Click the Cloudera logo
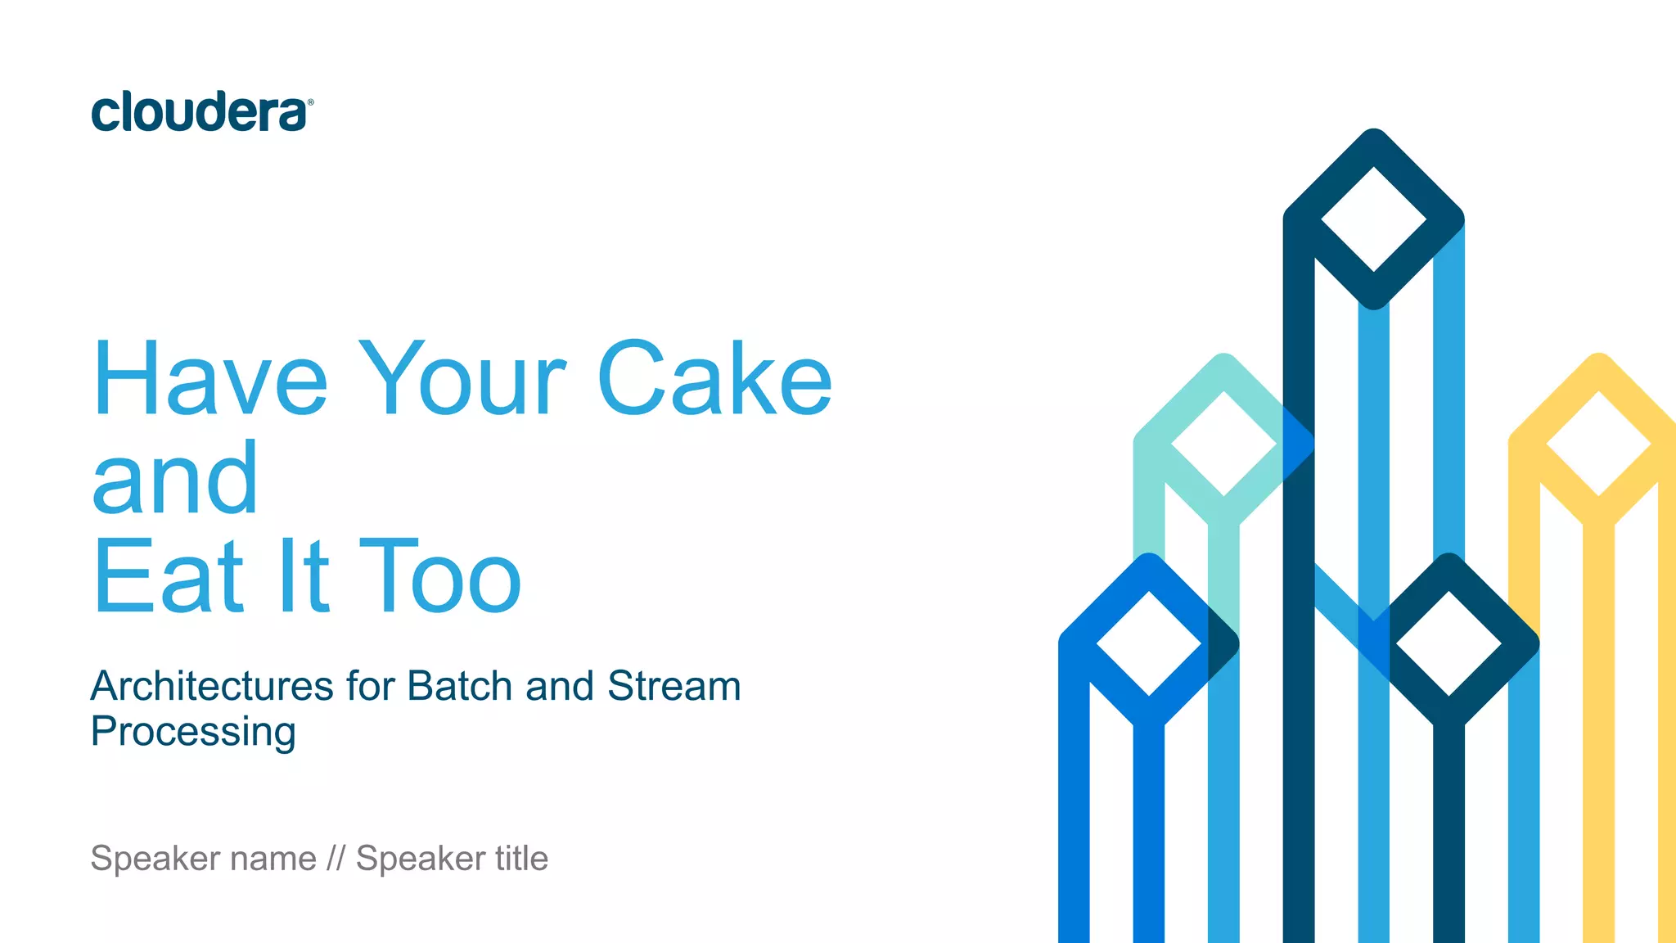click(x=199, y=112)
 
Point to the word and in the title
click(x=175, y=479)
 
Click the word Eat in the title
click(x=169, y=577)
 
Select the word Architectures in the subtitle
click(x=212, y=686)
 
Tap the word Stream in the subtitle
click(x=674, y=686)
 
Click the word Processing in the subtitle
click(x=193, y=731)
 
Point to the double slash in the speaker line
click(x=336, y=859)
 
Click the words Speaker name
click(x=203, y=859)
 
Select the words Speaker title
click(x=452, y=859)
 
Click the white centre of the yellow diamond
click(x=1598, y=444)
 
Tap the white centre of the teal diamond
click(x=1223, y=444)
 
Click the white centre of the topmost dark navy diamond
click(x=1374, y=219)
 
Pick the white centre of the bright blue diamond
click(x=1149, y=644)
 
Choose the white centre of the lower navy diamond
click(x=1448, y=644)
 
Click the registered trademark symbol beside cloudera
click(x=310, y=102)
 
